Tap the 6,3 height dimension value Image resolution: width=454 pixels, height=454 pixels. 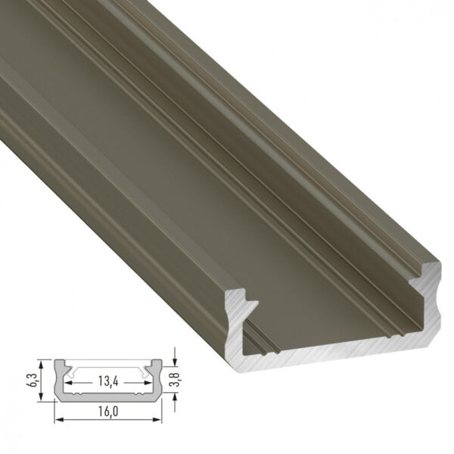[x=42, y=375]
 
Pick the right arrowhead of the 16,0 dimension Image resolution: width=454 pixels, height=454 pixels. [x=160, y=418]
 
